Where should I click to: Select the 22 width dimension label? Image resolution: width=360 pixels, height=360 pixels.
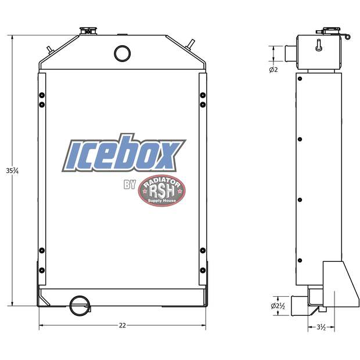click(x=122, y=325)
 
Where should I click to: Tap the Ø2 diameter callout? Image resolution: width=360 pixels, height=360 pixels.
click(x=273, y=70)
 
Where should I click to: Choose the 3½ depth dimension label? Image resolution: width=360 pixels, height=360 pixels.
click(x=321, y=327)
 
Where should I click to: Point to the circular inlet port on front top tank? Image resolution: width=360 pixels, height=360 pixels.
click(x=123, y=53)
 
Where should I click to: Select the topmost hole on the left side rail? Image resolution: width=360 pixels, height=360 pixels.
click(x=41, y=95)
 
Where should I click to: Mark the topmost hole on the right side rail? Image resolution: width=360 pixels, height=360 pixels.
click(x=202, y=95)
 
